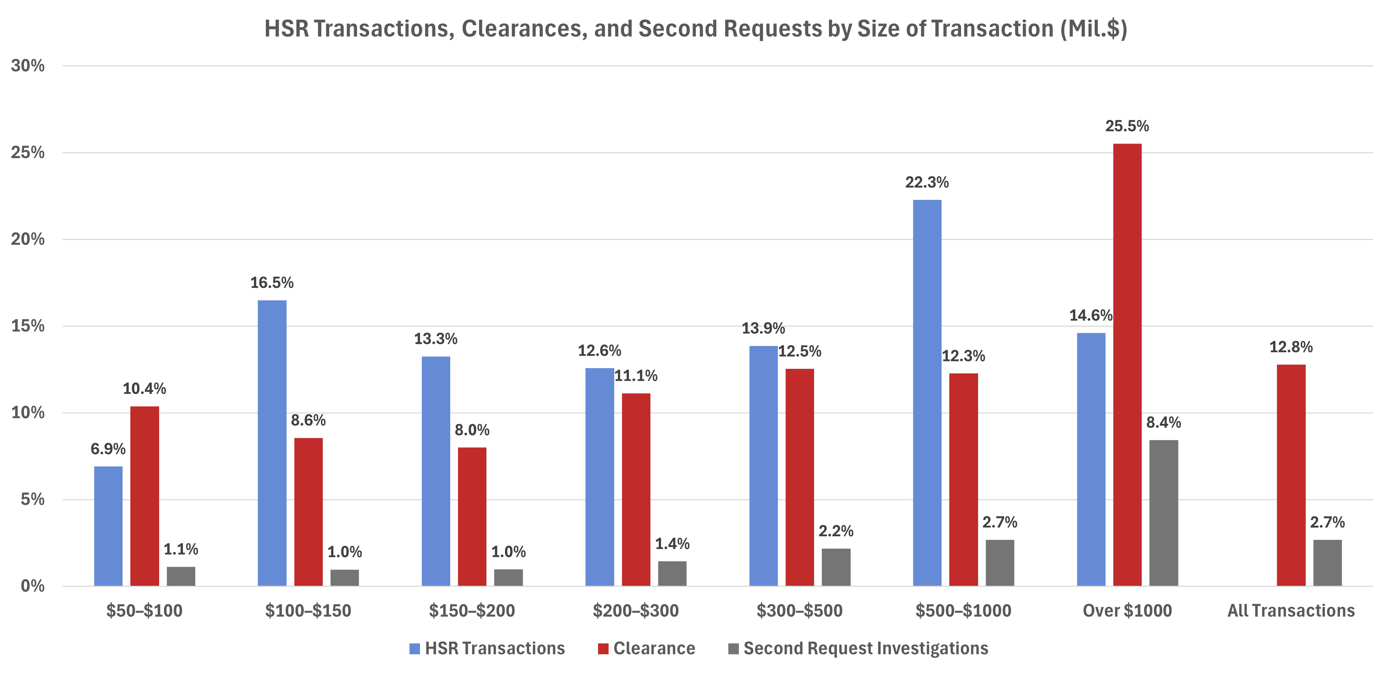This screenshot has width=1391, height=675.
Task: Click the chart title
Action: coord(695,28)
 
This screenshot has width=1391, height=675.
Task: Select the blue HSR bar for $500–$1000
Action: coord(927,393)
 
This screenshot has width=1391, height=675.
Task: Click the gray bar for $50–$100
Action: coord(181,576)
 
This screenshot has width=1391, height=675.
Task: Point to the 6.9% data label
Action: coord(108,449)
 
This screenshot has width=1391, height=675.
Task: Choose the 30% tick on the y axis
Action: coord(28,66)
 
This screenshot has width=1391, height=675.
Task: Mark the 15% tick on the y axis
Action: coord(28,326)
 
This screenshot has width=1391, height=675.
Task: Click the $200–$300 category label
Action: coord(636,611)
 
